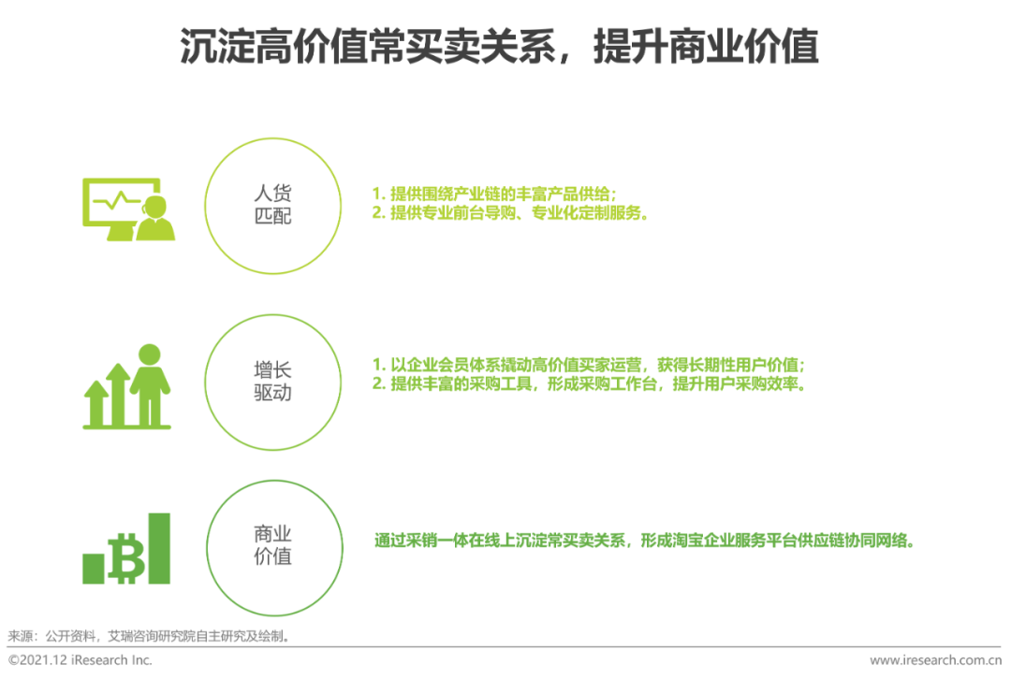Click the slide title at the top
click(x=499, y=47)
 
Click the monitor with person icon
click(x=128, y=209)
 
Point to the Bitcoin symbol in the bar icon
click(x=127, y=558)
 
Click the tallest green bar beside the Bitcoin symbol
click(x=159, y=548)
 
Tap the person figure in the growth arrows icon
click(x=150, y=384)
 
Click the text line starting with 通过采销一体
click(x=644, y=541)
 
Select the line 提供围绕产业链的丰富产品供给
click(x=494, y=194)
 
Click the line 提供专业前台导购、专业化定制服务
click(x=509, y=212)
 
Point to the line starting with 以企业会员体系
click(x=589, y=366)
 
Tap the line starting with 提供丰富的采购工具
click(x=589, y=384)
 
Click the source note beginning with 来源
click(x=149, y=637)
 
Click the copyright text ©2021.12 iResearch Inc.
click(x=80, y=660)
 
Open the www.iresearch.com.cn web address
click(x=935, y=660)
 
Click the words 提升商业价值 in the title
click(x=706, y=47)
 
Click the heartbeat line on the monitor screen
click(x=116, y=201)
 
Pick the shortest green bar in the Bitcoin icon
click(x=94, y=569)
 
